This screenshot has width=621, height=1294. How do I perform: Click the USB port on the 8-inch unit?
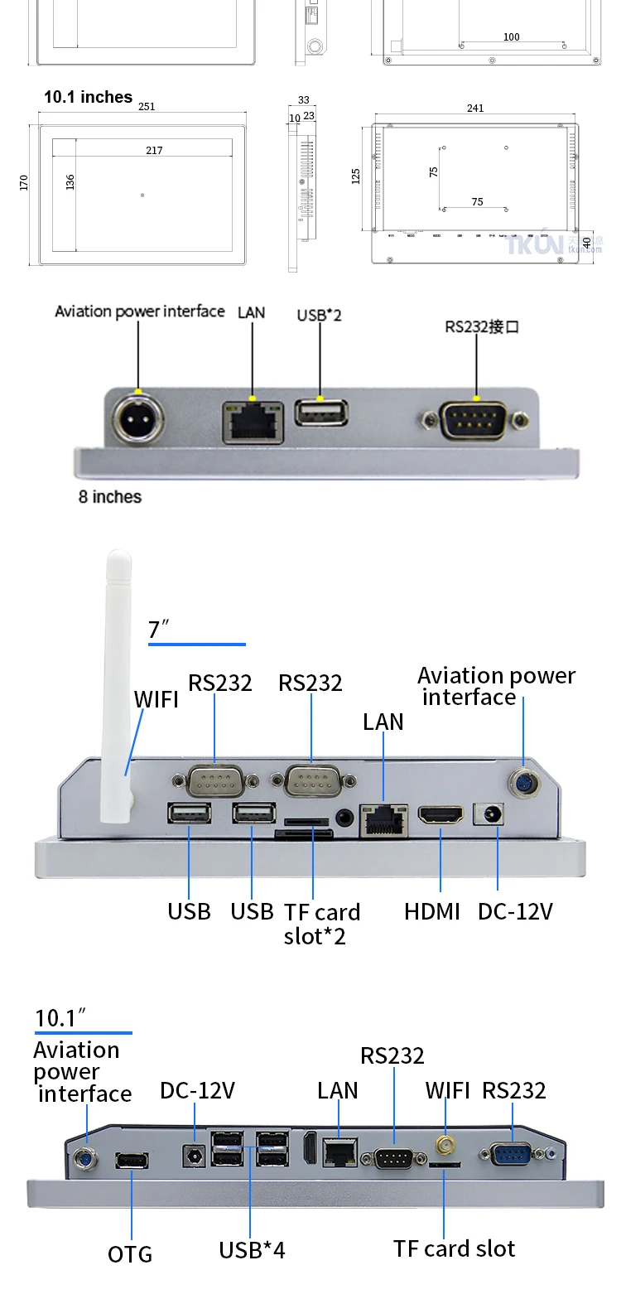(321, 413)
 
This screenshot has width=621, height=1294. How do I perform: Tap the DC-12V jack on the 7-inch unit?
(489, 815)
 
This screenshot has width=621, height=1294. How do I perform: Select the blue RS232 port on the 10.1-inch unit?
(511, 1153)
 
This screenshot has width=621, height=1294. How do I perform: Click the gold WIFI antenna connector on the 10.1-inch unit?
(445, 1146)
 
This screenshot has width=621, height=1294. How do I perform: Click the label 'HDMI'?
(432, 911)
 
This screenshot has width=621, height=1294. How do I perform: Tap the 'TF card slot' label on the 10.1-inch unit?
(454, 1248)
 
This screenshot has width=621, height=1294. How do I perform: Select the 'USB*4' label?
(252, 1250)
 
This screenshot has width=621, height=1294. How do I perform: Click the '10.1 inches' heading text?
(88, 97)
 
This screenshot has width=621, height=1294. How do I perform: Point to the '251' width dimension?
(147, 107)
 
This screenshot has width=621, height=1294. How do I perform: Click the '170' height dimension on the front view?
(24, 183)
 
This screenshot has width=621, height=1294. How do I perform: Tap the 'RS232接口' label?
(482, 326)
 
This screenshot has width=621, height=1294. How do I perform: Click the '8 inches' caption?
(110, 497)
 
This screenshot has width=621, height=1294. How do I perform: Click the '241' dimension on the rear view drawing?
(475, 109)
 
